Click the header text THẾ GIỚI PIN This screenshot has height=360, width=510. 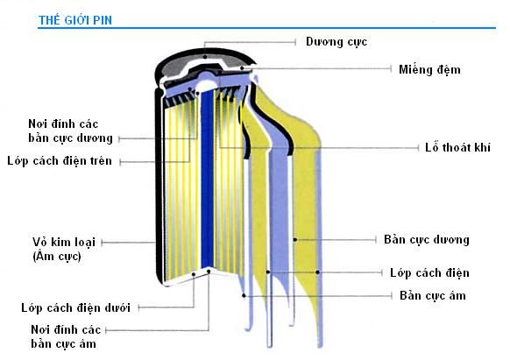(x=75, y=20)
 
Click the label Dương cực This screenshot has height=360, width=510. (x=336, y=42)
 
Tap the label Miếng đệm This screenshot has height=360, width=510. (x=429, y=69)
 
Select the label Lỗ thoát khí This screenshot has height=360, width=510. (x=457, y=147)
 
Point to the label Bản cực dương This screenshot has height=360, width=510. (x=427, y=240)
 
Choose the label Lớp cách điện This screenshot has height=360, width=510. (x=429, y=272)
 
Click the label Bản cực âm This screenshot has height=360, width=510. (x=433, y=295)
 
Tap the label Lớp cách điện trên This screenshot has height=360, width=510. (x=60, y=160)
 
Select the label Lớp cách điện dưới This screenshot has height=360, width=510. (x=75, y=307)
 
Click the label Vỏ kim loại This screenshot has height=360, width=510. (x=64, y=242)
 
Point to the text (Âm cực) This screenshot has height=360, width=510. (x=57, y=257)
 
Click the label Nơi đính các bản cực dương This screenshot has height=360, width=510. (x=70, y=131)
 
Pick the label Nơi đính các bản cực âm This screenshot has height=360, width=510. (x=66, y=337)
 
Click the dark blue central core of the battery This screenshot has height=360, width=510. (x=207, y=179)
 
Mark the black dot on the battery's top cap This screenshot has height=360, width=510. (x=205, y=57)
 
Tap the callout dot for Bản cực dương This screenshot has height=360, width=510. (x=295, y=240)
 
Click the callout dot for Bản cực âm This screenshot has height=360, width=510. (x=244, y=295)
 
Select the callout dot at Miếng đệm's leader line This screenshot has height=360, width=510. (x=242, y=68)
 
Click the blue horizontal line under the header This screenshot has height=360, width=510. (x=266, y=28)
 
